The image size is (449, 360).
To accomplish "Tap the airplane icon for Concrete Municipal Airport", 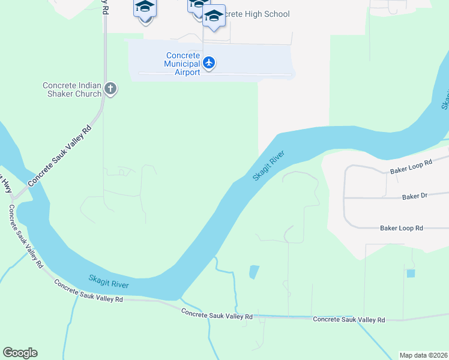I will click(209, 62).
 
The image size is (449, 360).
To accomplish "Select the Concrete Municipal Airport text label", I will click(183, 64).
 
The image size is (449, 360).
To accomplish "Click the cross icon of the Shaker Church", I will click(110, 89).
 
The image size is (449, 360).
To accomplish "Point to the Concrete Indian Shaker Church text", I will click(72, 89).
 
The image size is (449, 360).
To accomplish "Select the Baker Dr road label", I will click(414, 196).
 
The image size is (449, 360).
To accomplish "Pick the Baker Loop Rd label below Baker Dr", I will click(402, 228).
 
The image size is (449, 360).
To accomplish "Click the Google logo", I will click(20, 353).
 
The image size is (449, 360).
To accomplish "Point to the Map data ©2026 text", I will click(423, 355).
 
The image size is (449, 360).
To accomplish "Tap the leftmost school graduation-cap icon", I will click(145, 8).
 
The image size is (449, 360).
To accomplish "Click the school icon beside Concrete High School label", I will click(214, 16).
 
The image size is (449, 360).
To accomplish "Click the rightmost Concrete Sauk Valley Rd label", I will click(349, 320).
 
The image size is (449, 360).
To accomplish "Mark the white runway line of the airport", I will click(215, 74).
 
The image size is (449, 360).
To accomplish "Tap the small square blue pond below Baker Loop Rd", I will click(411, 274).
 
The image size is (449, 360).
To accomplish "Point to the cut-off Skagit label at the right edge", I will click(445, 99).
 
